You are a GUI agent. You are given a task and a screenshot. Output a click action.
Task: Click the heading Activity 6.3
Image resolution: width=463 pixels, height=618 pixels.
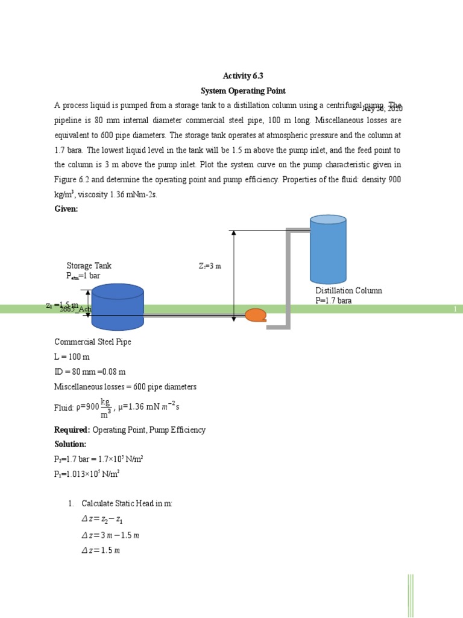tap(243, 75)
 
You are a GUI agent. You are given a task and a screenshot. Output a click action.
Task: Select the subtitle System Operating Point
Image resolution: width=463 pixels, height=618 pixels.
tap(243, 91)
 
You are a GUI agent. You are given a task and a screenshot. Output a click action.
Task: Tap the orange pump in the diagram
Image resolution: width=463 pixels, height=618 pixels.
tap(256, 315)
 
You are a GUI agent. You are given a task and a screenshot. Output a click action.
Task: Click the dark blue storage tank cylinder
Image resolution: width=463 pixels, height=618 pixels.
tap(118, 307)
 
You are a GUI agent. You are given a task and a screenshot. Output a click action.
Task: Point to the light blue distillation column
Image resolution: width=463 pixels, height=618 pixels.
tap(328, 249)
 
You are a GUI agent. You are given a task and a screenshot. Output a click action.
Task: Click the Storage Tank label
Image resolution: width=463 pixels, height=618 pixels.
tap(89, 266)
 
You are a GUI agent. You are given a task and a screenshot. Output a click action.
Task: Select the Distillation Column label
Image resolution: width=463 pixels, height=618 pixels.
tap(348, 291)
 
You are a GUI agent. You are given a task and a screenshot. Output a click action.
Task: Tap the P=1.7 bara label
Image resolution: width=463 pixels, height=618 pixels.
tap(333, 300)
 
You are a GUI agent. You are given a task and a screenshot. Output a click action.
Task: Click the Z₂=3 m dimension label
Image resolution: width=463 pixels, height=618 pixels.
tap(210, 266)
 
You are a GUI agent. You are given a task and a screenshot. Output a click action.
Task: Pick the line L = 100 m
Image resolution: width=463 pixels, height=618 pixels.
tap(72, 357)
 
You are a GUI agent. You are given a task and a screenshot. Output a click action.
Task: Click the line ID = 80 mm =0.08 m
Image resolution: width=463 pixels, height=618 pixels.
tap(90, 372)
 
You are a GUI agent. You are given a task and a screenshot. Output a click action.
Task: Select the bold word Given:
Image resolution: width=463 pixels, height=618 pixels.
tap(66, 209)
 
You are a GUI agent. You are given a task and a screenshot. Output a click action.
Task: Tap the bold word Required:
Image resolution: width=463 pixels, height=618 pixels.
tap(72, 430)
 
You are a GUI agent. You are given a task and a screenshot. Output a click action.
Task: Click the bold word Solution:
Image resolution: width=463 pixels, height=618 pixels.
tap(71, 444)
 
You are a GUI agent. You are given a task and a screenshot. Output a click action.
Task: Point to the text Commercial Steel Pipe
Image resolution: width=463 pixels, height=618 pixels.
tap(93, 342)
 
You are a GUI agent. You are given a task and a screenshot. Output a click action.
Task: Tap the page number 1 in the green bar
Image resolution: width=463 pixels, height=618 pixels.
tap(455, 309)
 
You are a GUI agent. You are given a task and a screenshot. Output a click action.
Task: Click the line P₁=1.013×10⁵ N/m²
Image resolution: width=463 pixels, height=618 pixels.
tap(87, 474)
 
